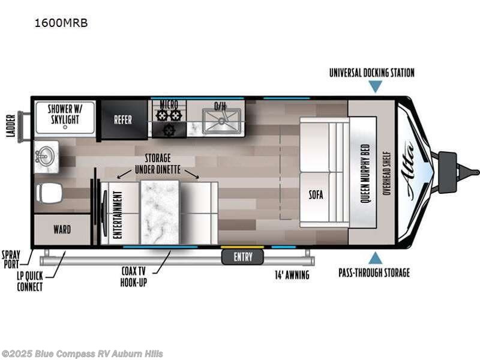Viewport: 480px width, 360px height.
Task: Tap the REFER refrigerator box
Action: point(123,120)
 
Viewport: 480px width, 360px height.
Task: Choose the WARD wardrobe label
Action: point(62,230)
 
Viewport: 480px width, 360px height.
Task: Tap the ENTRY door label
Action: point(243,257)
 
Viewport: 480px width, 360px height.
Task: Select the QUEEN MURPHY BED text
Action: point(364,172)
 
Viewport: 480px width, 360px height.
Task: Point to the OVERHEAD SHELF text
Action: point(387,172)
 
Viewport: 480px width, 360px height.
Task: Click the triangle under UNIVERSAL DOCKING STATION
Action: point(375,87)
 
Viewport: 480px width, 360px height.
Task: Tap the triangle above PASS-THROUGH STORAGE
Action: point(375,258)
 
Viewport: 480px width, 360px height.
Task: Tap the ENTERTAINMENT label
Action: point(117,214)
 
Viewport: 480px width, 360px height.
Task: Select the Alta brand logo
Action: point(413,170)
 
